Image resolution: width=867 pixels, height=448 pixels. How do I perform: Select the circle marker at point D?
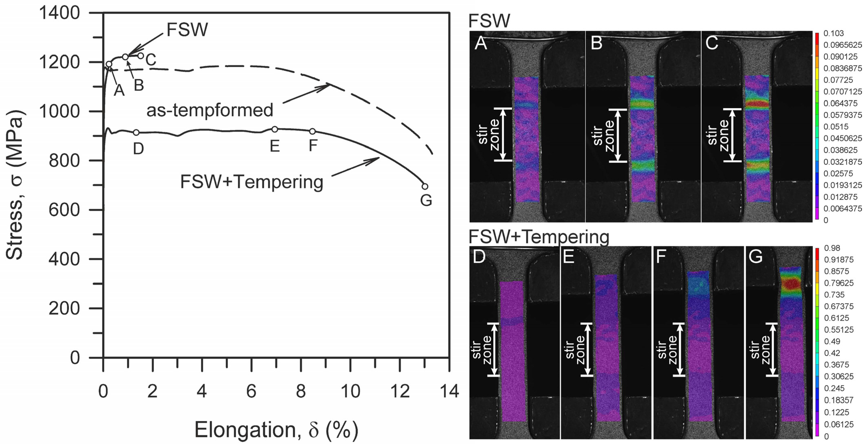coord(136,133)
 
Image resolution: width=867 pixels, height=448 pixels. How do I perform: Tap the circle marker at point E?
coord(275,129)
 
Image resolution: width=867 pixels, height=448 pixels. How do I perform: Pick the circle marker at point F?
coord(312,131)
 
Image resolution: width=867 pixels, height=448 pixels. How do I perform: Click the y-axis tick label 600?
coord(64,210)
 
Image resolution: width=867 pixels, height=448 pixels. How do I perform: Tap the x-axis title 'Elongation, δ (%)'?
coord(276,430)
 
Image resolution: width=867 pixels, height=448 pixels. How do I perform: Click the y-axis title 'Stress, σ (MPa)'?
coord(14,185)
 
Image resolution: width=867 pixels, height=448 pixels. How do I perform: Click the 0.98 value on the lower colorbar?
coord(832,248)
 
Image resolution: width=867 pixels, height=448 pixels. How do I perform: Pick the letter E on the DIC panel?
coord(569,257)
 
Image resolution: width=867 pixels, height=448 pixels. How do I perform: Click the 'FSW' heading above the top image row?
coord(489,21)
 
